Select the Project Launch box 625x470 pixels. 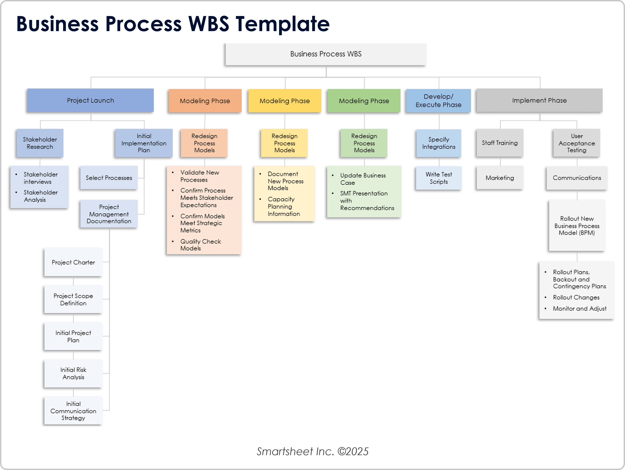coord(90,100)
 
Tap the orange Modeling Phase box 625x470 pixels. coord(205,101)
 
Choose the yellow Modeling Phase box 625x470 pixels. coord(284,101)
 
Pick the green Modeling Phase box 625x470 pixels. coord(364,101)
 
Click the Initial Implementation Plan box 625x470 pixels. coord(144,143)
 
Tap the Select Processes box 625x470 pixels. coord(109,178)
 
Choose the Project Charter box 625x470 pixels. coord(73,262)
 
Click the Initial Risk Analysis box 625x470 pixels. coord(73,373)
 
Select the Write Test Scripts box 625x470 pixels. coord(439,178)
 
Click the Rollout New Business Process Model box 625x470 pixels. coord(577,226)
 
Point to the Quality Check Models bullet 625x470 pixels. coord(200,245)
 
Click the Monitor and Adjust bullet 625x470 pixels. coord(579,309)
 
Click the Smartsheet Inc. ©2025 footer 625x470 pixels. coord(312,451)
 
